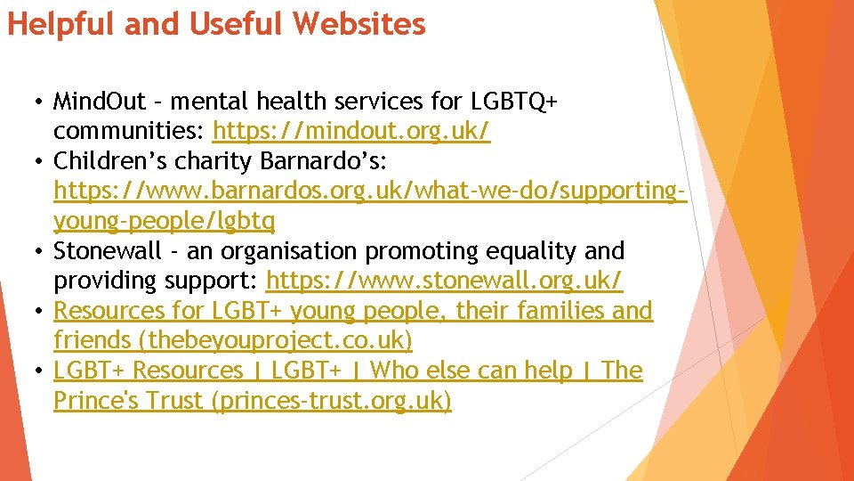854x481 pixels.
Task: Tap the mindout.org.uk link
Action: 351,132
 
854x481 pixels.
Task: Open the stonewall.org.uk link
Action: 444,281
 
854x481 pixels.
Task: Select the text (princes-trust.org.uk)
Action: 331,401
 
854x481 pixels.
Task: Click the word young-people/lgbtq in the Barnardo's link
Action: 165,221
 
